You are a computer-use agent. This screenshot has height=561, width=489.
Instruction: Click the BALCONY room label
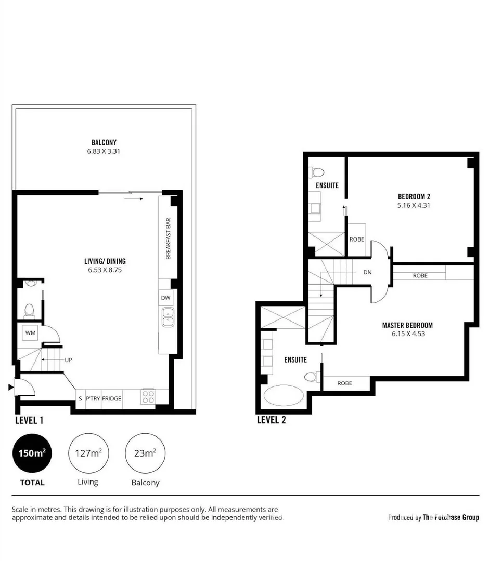(x=104, y=142)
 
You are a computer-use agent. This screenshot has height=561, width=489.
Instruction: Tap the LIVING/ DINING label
(x=105, y=261)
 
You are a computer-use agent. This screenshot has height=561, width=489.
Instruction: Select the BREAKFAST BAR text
(x=168, y=239)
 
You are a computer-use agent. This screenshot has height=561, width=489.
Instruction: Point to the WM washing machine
(x=30, y=333)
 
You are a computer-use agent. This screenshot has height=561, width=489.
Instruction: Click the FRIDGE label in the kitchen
(x=111, y=398)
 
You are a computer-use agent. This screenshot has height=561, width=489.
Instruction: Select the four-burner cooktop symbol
(x=148, y=397)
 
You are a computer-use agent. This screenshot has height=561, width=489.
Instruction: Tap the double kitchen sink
(x=168, y=317)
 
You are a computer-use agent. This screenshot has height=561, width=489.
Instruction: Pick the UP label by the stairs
(x=68, y=359)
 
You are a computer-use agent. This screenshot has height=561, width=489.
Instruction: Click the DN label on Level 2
(x=367, y=272)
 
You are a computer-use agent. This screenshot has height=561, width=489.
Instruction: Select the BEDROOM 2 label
(x=414, y=196)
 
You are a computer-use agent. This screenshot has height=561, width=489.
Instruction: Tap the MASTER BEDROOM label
(x=407, y=325)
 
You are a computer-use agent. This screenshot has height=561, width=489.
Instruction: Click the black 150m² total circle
(x=32, y=453)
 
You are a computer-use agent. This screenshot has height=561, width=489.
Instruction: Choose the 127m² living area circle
(x=87, y=453)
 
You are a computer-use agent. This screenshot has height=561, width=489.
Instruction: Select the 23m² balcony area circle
(x=145, y=453)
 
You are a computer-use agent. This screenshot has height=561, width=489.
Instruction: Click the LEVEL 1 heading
(x=29, y=420)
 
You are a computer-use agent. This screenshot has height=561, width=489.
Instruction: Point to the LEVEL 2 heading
(x=271, y=420)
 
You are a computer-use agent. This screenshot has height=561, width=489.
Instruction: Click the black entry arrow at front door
(x=11, y=387)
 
